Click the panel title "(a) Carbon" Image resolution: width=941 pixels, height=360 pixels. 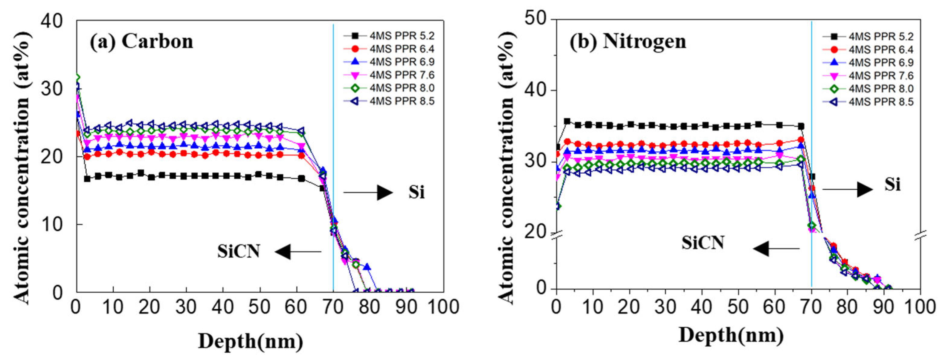coord(141,41)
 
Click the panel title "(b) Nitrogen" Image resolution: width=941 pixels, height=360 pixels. coord(628,41)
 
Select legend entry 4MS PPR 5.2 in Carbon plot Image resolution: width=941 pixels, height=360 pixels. coord(401,36)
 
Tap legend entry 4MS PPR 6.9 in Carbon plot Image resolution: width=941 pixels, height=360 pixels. coord(401,62)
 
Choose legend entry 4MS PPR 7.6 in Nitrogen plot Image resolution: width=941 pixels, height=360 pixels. coord(881,76)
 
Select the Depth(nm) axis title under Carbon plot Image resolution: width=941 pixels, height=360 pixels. coord(251,342)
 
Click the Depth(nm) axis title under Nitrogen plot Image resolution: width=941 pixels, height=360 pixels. coord(731,336)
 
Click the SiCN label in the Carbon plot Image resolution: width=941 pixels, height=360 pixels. coord(239,252)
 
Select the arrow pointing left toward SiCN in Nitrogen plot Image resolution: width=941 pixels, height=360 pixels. coord(776,249)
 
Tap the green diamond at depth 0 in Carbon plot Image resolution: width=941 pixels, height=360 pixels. coord(77,78)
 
